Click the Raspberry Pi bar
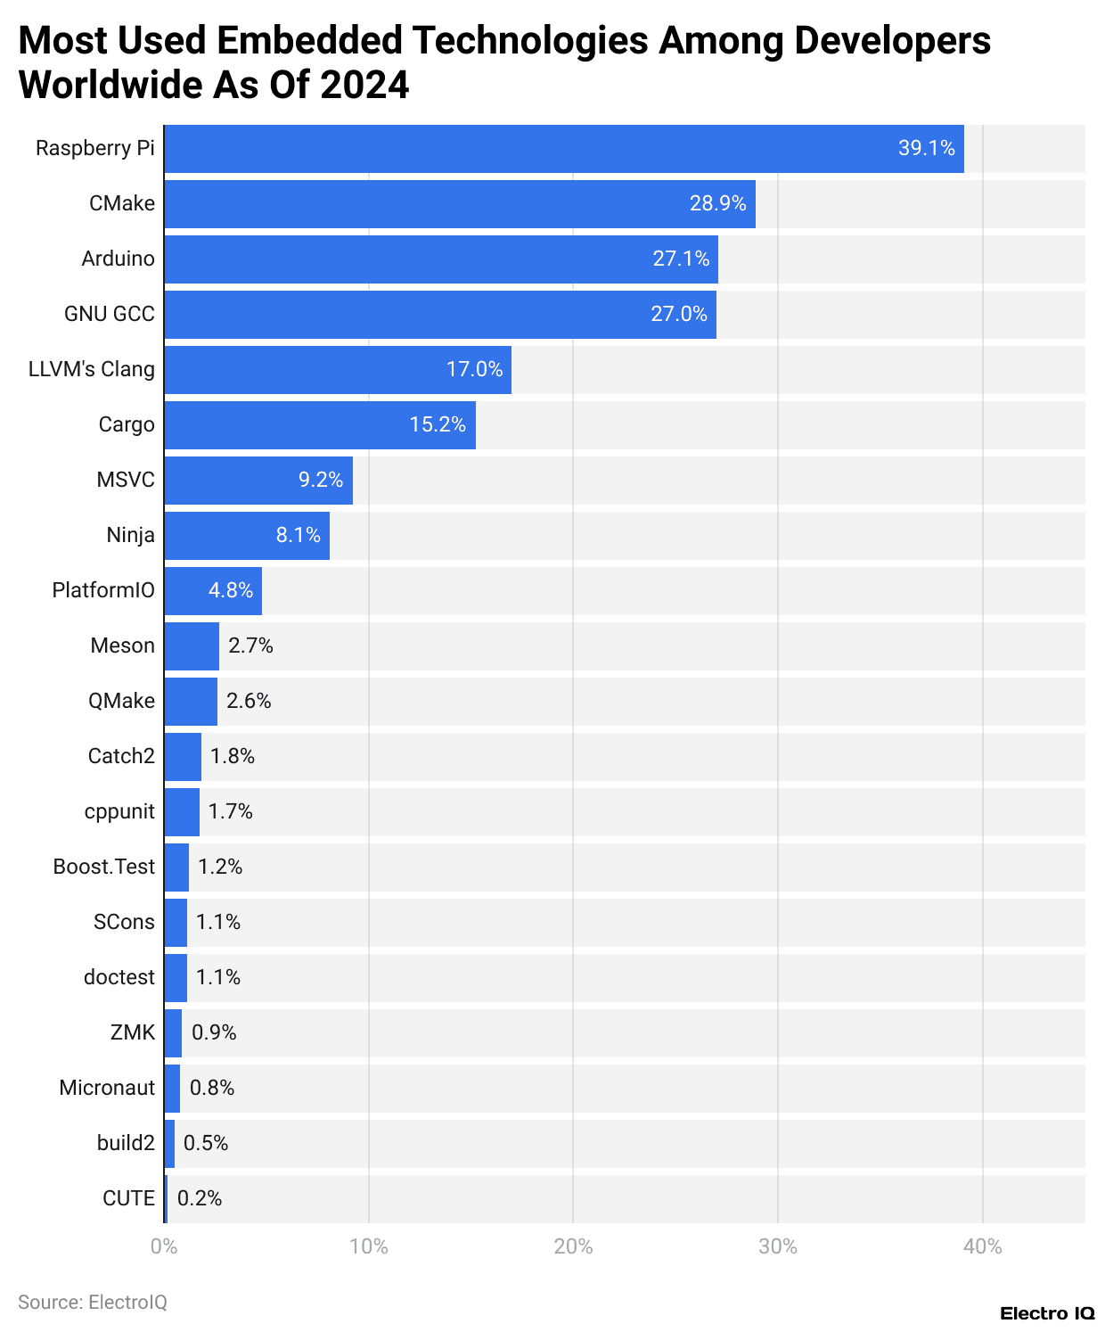pos(563,149)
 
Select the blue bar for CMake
pos(459,204)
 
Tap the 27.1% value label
pos(681,259)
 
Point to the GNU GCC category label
pos(109,314)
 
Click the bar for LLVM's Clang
pos(337,370)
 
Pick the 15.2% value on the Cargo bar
pos(438,424)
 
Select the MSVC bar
pos(258,481)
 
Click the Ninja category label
pos(130,535)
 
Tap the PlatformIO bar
pos(212,591)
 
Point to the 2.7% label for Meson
pos(250,645)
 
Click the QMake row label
pos(121,701)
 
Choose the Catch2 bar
pos(183,757)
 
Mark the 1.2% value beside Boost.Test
pos(220,867)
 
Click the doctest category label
pos(119,977)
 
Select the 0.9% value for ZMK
pos(214,1032)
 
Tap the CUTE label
pos(128,1198)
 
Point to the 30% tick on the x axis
pos(777,1246)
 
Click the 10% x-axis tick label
pos(368,1246)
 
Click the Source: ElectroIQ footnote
pos(93,1302)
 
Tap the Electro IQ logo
pos(1046,1313)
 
